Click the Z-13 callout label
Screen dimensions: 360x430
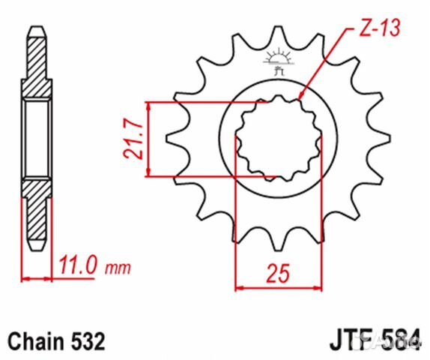pos(374,28)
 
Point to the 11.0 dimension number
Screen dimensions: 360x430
pos(77,265)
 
